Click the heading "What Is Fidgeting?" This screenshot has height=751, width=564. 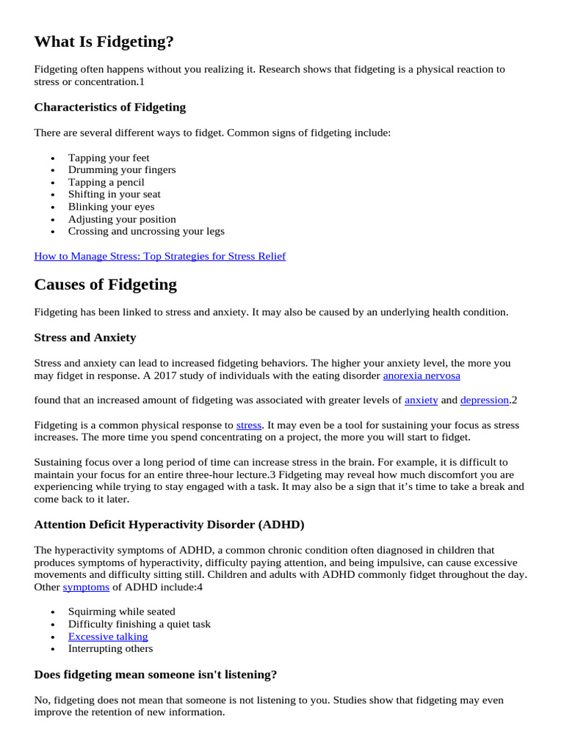[104, 42]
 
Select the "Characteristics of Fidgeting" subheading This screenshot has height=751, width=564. [109, 107]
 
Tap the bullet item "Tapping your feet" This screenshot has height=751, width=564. [109, 158]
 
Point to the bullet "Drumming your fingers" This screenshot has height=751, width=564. [122, 169]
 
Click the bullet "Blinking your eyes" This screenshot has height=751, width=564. [111, 207]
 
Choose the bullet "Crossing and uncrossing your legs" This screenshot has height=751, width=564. [146, 231]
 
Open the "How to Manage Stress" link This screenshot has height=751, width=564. [160, 256]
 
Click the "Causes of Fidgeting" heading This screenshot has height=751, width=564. [105, 285]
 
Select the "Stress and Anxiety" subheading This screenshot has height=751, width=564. [84, 337]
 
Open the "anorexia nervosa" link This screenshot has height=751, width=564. [422, 375]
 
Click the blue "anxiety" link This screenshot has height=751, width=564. [421, 400]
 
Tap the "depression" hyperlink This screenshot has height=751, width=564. [484, 400]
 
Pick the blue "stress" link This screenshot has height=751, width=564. [249, 425]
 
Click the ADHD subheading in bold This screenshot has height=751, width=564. [169, 524]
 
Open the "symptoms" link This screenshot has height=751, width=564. [86, 587]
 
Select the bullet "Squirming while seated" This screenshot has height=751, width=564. [122, 612]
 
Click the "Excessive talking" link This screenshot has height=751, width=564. [108, 637]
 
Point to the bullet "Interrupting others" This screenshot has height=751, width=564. [111, 648]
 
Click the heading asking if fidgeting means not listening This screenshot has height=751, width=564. [155, 674]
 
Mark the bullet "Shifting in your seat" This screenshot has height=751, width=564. [115, 194]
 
